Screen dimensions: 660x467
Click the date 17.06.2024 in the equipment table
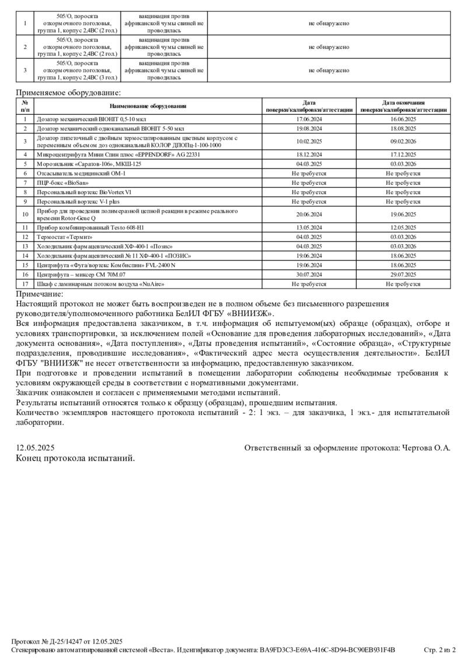pos(309,118)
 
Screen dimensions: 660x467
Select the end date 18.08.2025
pos(403,128)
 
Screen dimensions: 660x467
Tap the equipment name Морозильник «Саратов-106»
pos(89,164)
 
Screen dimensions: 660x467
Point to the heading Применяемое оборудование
pos(68,92)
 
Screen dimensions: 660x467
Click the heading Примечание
pos(39,294)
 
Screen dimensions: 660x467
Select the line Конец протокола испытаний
pos(75,458)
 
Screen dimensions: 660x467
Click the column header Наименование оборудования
pos(148,106)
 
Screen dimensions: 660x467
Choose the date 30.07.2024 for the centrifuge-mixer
pos(309,274)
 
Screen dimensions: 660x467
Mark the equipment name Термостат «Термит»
pos(65,237)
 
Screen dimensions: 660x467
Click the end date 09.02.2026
pos(403,141)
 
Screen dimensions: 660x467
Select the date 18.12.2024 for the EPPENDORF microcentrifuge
pos(309,155)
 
